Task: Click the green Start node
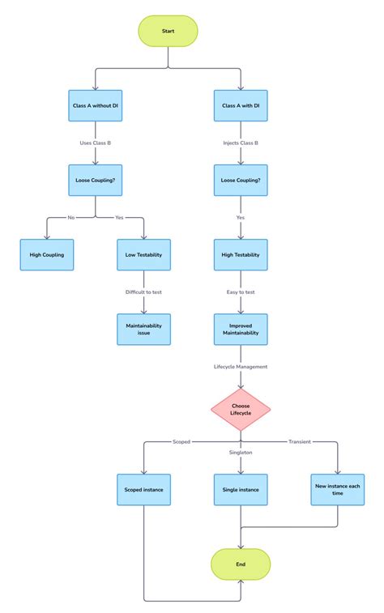click(x=168, y=31)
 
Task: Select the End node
click(x=241, y=564)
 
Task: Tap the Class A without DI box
click(x=96, y=106)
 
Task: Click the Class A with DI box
click(x=241, y=106)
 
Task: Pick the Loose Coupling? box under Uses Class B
click(x=96, y=181)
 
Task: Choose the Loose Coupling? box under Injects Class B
click(x=241, y=181)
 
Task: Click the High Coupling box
click(x=47, y=255)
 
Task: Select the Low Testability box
click(x=144, y=255)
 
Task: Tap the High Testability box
click(x=241, y=255)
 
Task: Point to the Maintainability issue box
click(x=144, y=329)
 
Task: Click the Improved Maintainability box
click(x=241, y=329)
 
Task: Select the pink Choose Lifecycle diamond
click(x=241, y=409)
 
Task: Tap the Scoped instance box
click(x=144, y=489)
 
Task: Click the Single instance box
click(x=241, y=489)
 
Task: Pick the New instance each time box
click(x=337, y=489)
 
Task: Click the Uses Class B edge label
click(x=96, y=143)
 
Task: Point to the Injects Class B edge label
click(x=241, y=143)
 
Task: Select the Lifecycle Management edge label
click(x=241, y=366)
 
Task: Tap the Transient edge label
click(x=300, y=441)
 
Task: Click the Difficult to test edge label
click(x=144, y=292)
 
